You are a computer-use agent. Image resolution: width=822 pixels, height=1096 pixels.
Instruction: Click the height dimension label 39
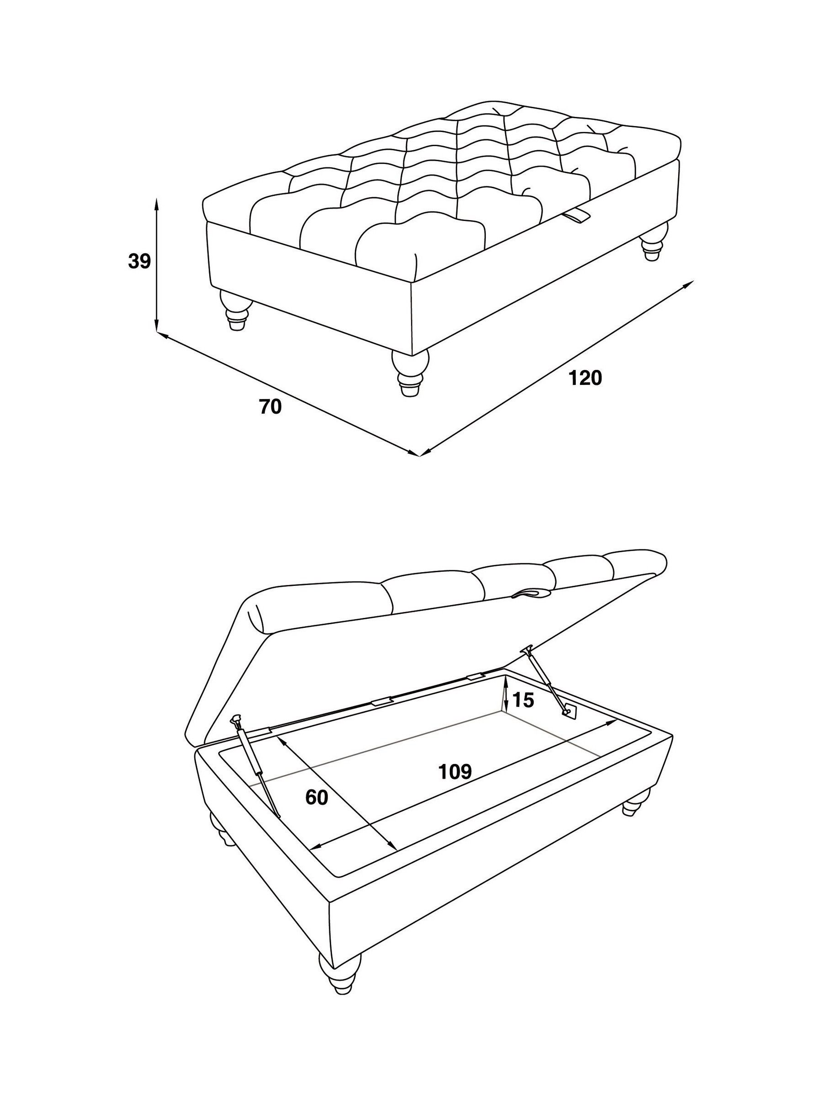point(139,261)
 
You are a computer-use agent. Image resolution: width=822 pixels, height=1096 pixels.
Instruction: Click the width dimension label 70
point(270,407)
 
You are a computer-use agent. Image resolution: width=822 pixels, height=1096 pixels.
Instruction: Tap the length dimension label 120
point(585,378)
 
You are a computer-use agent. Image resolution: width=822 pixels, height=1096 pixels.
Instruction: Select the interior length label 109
point(455,771)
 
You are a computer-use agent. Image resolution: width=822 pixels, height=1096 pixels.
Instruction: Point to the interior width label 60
point(316,797)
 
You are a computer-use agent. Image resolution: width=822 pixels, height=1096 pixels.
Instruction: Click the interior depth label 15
point(523,700)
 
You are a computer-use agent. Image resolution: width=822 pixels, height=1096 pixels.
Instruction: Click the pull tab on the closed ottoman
point(577,216)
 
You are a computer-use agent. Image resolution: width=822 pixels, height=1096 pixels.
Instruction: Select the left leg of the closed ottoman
point(237,310)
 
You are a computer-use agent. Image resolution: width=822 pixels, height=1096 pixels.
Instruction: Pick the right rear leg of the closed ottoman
point(653,241)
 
